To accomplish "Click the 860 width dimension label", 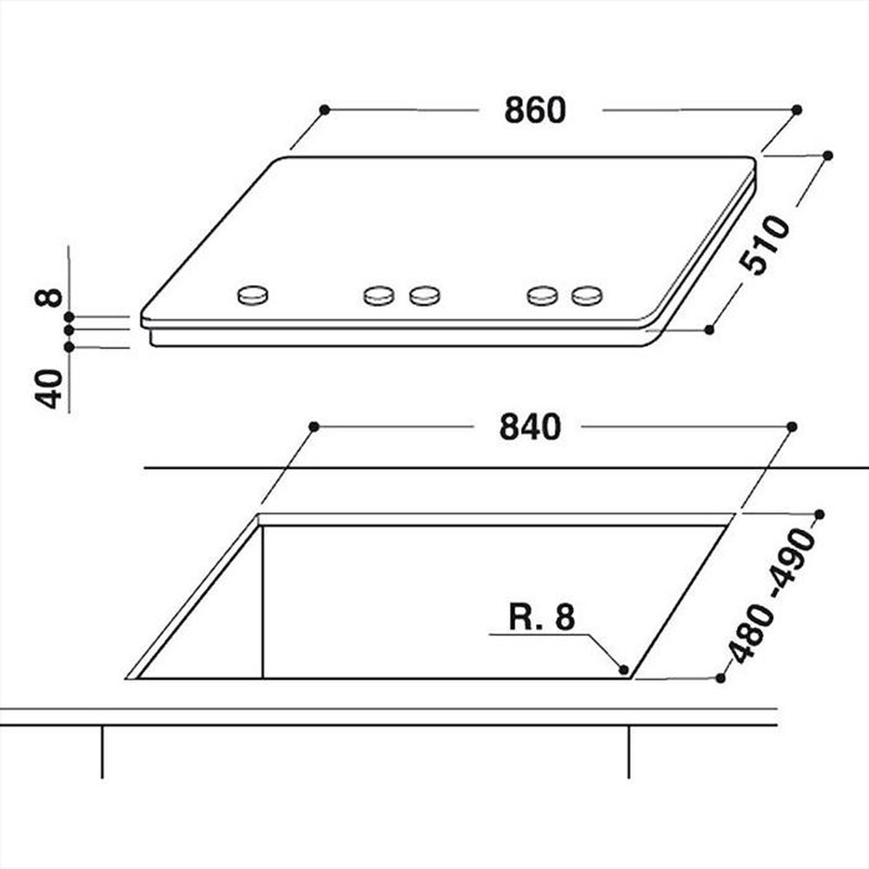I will (534, 110).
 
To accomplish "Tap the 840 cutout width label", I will (530, 427).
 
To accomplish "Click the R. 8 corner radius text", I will (541, 618).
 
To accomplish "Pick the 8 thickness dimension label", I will (50, 297).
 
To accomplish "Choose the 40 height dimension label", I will (50, 388).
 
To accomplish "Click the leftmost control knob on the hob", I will (253, 295).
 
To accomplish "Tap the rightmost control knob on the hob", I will (587, 296).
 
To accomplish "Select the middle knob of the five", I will (424, 296).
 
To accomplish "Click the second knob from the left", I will (379, 296).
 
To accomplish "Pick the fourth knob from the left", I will (542, 296).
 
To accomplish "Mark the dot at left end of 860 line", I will (323, 109).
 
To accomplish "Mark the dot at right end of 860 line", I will (797, 109).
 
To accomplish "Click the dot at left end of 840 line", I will (314, 426).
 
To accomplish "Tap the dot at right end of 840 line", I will (792, 426).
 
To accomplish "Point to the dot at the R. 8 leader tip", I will (624, 669).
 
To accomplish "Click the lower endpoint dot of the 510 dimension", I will (709, 329).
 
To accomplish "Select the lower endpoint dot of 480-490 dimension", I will (721, 678).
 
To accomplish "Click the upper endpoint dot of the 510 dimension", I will (827, 156).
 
